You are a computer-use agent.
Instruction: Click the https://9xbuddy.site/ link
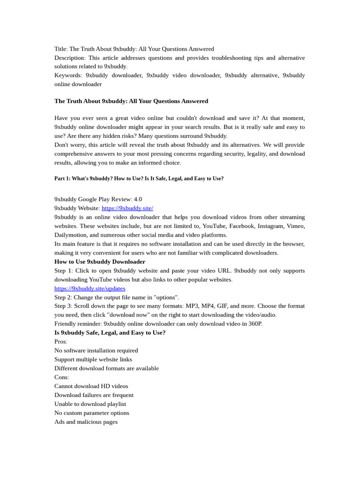coord(127,208)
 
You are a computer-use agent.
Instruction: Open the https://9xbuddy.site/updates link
coord(90,288)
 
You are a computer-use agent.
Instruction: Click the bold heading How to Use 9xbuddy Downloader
coord(100,262)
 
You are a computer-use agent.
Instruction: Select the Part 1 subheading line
coord(139,179)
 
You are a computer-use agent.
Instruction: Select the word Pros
coord(60,342)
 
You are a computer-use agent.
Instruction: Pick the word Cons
coord(61,377)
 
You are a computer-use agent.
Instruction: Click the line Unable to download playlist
coord(90,404)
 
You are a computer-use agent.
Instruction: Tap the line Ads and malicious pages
coord(86,422)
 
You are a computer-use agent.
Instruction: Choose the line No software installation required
coord(96,351)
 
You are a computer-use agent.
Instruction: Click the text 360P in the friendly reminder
coord(255,324)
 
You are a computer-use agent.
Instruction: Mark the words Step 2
coord(63,297)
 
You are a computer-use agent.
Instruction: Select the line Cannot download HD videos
coord(91,386)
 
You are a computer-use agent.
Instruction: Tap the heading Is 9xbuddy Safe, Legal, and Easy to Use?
coord(110,333)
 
